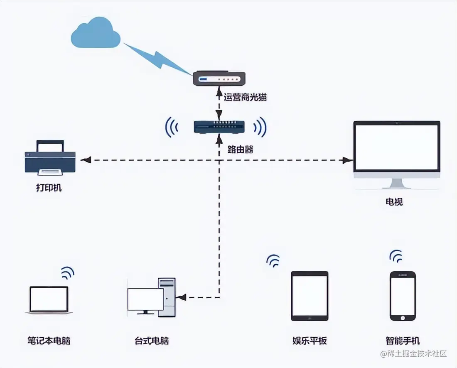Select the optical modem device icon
click(x=219, y=79)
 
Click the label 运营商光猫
click(x=245, y=98)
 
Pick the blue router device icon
click(x=219, y=126)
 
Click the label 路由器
click(x=240, y=150)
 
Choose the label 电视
click(x=394, y=202)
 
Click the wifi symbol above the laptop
click(x=67, y=273)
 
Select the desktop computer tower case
click(x=167, y=297)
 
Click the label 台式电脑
click(x=152, y=341)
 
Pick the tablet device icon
click(x=310, y=296)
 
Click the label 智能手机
click(x=403, y=341)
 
